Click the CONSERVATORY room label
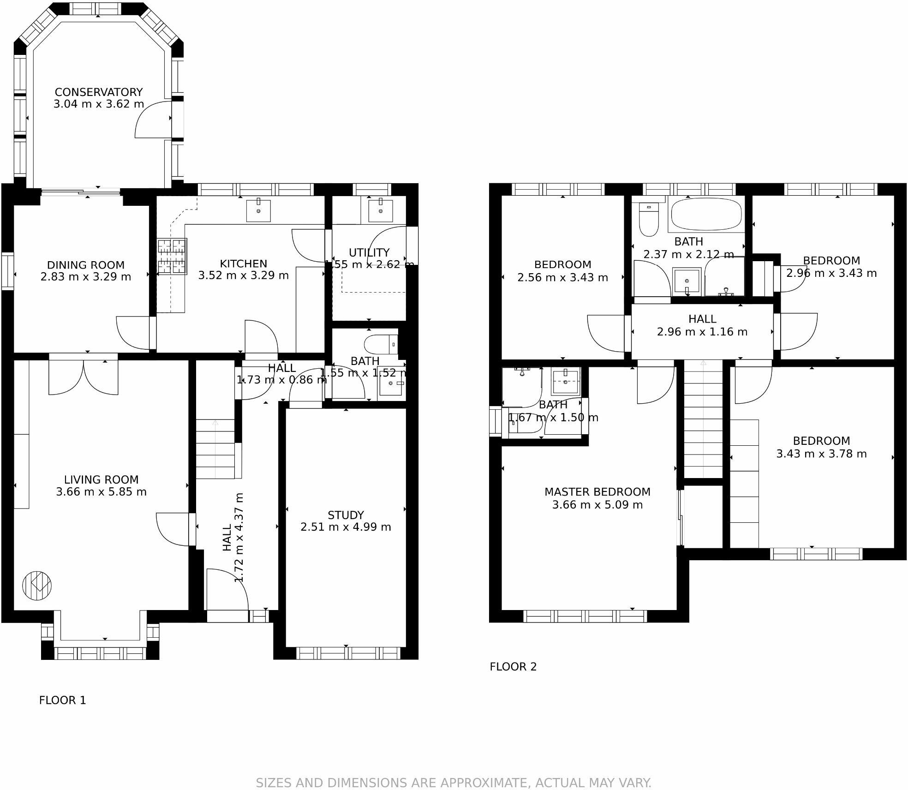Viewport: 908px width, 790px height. [98, 92]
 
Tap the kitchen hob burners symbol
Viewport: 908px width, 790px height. [172, 257]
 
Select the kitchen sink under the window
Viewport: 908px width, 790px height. [258, 210]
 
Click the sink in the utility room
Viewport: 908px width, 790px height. [380, 210]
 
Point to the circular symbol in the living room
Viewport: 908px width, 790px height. [37, 586]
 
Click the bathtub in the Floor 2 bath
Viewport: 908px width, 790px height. [706, 214]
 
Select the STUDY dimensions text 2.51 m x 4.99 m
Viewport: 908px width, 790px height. [346, 527]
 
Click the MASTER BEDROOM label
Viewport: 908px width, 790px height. [597, 492]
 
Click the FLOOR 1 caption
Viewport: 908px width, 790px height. [62, 700]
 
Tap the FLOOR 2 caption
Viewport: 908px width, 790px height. [513, 666]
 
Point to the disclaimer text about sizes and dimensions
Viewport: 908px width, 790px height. [454, 783]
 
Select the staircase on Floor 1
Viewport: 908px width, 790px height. [215, 449]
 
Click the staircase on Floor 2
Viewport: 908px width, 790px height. [703, 419]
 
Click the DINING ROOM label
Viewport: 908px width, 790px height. [86, 265]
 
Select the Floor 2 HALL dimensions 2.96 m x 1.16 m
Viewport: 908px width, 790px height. [702, 332]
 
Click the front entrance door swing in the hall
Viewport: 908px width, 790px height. [227, 590]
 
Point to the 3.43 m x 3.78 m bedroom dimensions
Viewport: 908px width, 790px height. [821, 454]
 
